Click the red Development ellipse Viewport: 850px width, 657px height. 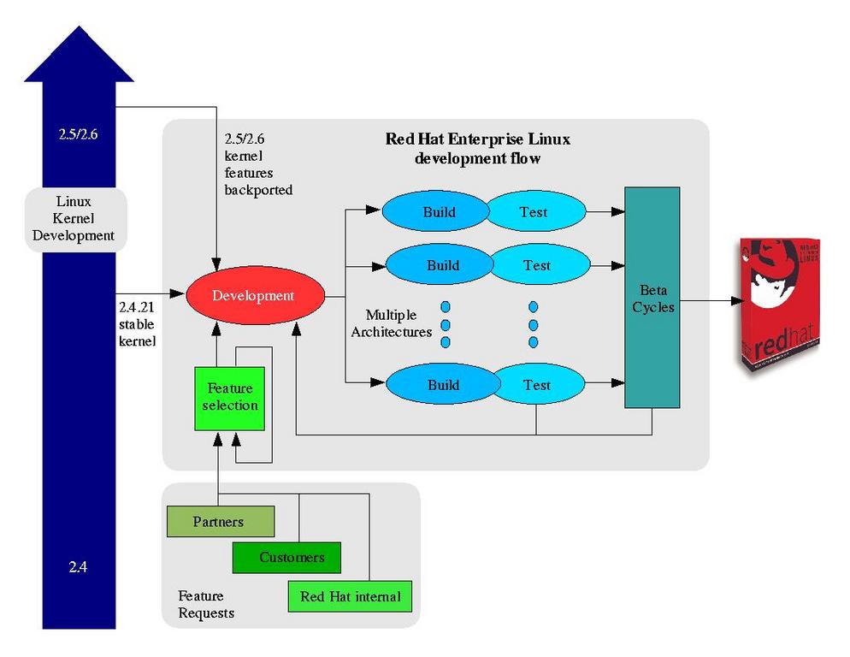click(253, 296)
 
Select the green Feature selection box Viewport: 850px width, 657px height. click(229, 398)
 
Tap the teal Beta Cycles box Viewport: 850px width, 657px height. click(652, 298)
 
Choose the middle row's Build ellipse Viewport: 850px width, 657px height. click(440, 265)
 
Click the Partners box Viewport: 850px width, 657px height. click(220, 521)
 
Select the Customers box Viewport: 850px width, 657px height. click(286, 558)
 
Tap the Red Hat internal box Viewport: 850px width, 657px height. click(350, 596)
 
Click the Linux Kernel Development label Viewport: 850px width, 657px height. click(75, 219)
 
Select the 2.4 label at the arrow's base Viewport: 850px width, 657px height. click(79, 566)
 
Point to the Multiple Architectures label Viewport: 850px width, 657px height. click(393, 323)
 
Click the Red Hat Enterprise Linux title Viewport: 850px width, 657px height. click(477, 149)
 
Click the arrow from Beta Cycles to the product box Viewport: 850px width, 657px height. click(710, 300)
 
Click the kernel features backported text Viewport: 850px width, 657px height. click(257, 164)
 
